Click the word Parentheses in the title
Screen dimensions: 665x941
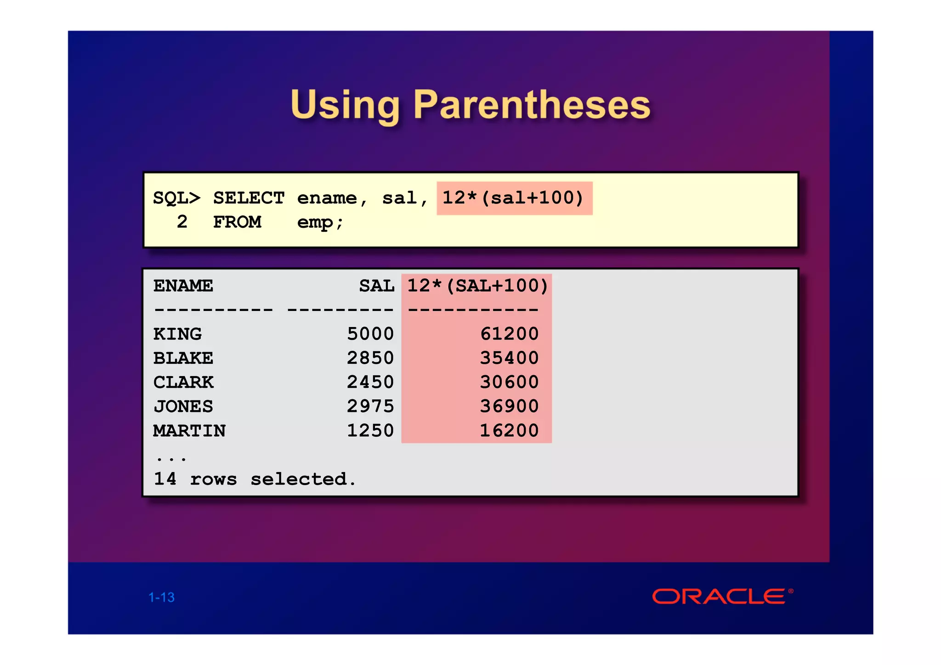point(532,105)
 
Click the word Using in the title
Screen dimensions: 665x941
point(345,105)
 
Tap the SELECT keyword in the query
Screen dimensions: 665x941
point(249,198)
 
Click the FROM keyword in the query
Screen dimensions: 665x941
point(237,223)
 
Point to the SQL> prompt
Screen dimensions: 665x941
point(176,198)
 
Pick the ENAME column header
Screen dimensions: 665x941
point(183,286)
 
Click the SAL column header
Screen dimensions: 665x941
point(376,286)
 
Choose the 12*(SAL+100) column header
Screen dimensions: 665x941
point(477,286)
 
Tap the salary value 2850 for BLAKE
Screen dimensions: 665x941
point(370,358)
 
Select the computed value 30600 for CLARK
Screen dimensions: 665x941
point(509,382)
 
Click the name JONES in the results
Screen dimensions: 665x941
point(183,406)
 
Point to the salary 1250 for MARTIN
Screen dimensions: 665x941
point(370,431)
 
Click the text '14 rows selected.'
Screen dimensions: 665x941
point(255,479)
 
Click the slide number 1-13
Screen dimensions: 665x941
point(162,597)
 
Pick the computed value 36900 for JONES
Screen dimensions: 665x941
point(509,406)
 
